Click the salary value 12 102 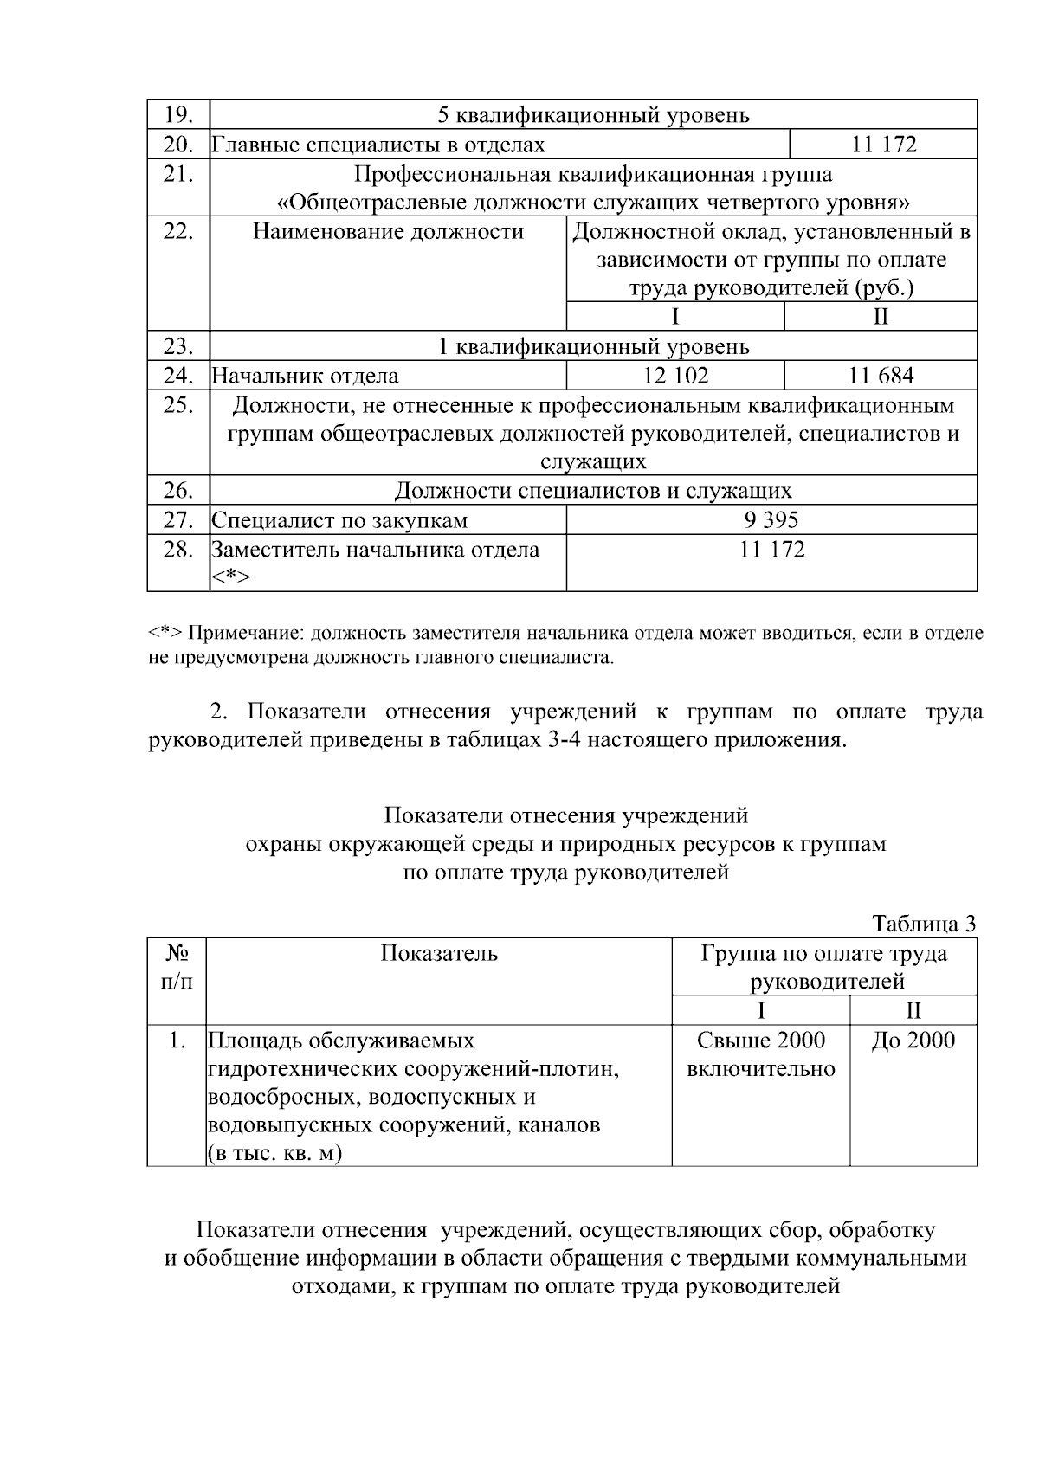pyautogui.click(x=675, y=376)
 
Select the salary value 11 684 pyautogui.click(x=881, y=376)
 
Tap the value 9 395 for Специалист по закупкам pyautogui.click(x=771, y=520)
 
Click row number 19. pyautogui.click(x=178, y=115)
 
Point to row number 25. pyautogui.click(x=178, y=404)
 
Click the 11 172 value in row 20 pyautogui.click(x=883, y=145)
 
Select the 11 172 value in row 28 pyautogui.click(x=771, y=550)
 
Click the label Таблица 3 pyautogui.click(x=924, y=924)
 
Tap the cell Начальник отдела pyautogui.click(x=306, y=376)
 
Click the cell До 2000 pyautogui.click(x=913, y=1040)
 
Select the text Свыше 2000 pyautogui.click(x=761, y=1040)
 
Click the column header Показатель pyautogui.click(x=439, y=953)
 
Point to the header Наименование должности pyautogui.click(x=388, y=232)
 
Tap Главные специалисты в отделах pyautogui.click(x=379, y=145)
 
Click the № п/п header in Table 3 pyautogui.click(x=177, y=967)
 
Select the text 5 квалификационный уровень pyautogui.click(x=593, y=115)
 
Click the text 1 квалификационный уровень pyautogui.click(x=593, y=347)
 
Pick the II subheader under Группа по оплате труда pyautogui.click(x=913, y=1010)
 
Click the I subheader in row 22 pyautogui.click(x=675, y=317)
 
